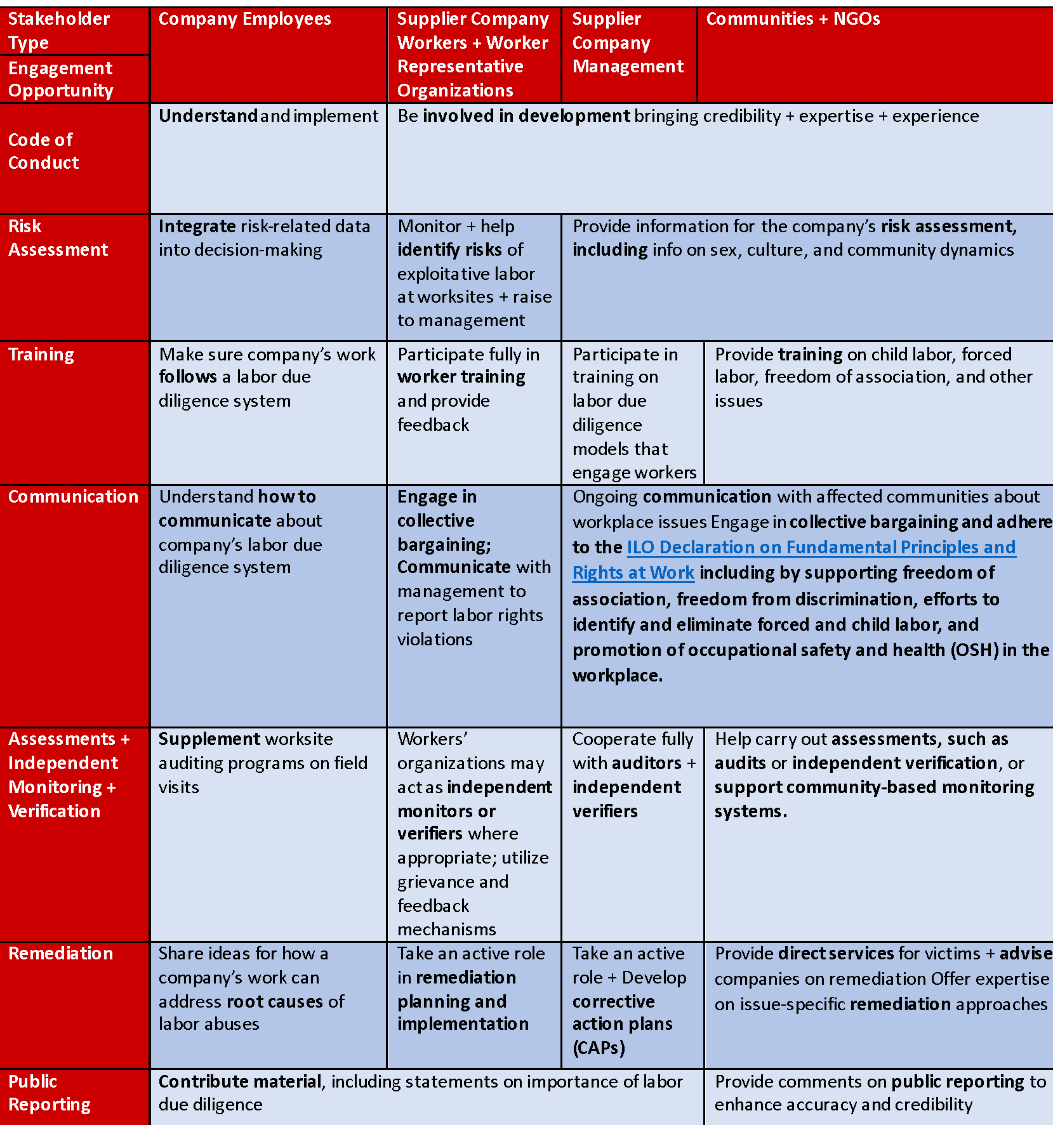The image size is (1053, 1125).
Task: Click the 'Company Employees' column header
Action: (244, 20)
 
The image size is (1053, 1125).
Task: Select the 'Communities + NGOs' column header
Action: (793, 20)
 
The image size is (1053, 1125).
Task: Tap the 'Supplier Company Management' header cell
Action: (627, 43)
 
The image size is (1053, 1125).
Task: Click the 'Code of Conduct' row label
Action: (43, 151)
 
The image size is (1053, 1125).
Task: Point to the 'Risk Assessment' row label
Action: (58, 238)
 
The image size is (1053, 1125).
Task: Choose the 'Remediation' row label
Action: (60, 953)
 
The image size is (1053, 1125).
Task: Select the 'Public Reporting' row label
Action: (49, 1093)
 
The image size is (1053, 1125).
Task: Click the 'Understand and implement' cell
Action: (268, 116)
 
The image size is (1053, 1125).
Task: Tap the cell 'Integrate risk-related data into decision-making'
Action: (264, 238)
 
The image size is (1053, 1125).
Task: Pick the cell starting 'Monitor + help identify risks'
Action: (474, 273)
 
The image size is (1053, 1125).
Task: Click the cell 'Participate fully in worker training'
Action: (468, 389)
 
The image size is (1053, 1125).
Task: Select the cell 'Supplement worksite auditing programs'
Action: (263, 763)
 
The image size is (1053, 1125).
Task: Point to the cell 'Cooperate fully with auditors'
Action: (633, 775)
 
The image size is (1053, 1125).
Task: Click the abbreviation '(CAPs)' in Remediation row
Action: (599, 1048)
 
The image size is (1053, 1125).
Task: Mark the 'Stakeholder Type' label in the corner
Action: (58, 30)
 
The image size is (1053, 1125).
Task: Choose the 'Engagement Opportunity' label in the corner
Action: (60, 79)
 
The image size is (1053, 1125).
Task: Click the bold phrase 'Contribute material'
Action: (240, 1081)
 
